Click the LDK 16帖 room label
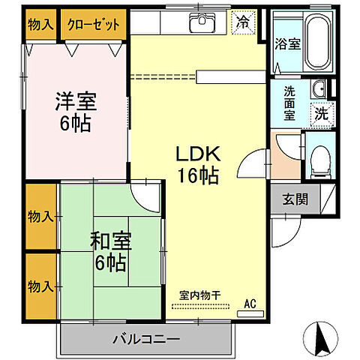click(x=197, y=165)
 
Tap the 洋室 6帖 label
click(x=73, y=111)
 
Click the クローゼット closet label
click(x=93, y=24)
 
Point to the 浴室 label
click(x=287, y=43)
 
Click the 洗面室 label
click(x=290, y=105)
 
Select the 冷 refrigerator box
click(x=242, y=22)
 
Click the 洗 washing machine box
click(x=320, y=114)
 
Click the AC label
click(x=250, y=304)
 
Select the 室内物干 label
click(x=199, y=294)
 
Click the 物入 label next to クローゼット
click(x=40, y=24)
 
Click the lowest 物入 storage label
click(x=40, y=286)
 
